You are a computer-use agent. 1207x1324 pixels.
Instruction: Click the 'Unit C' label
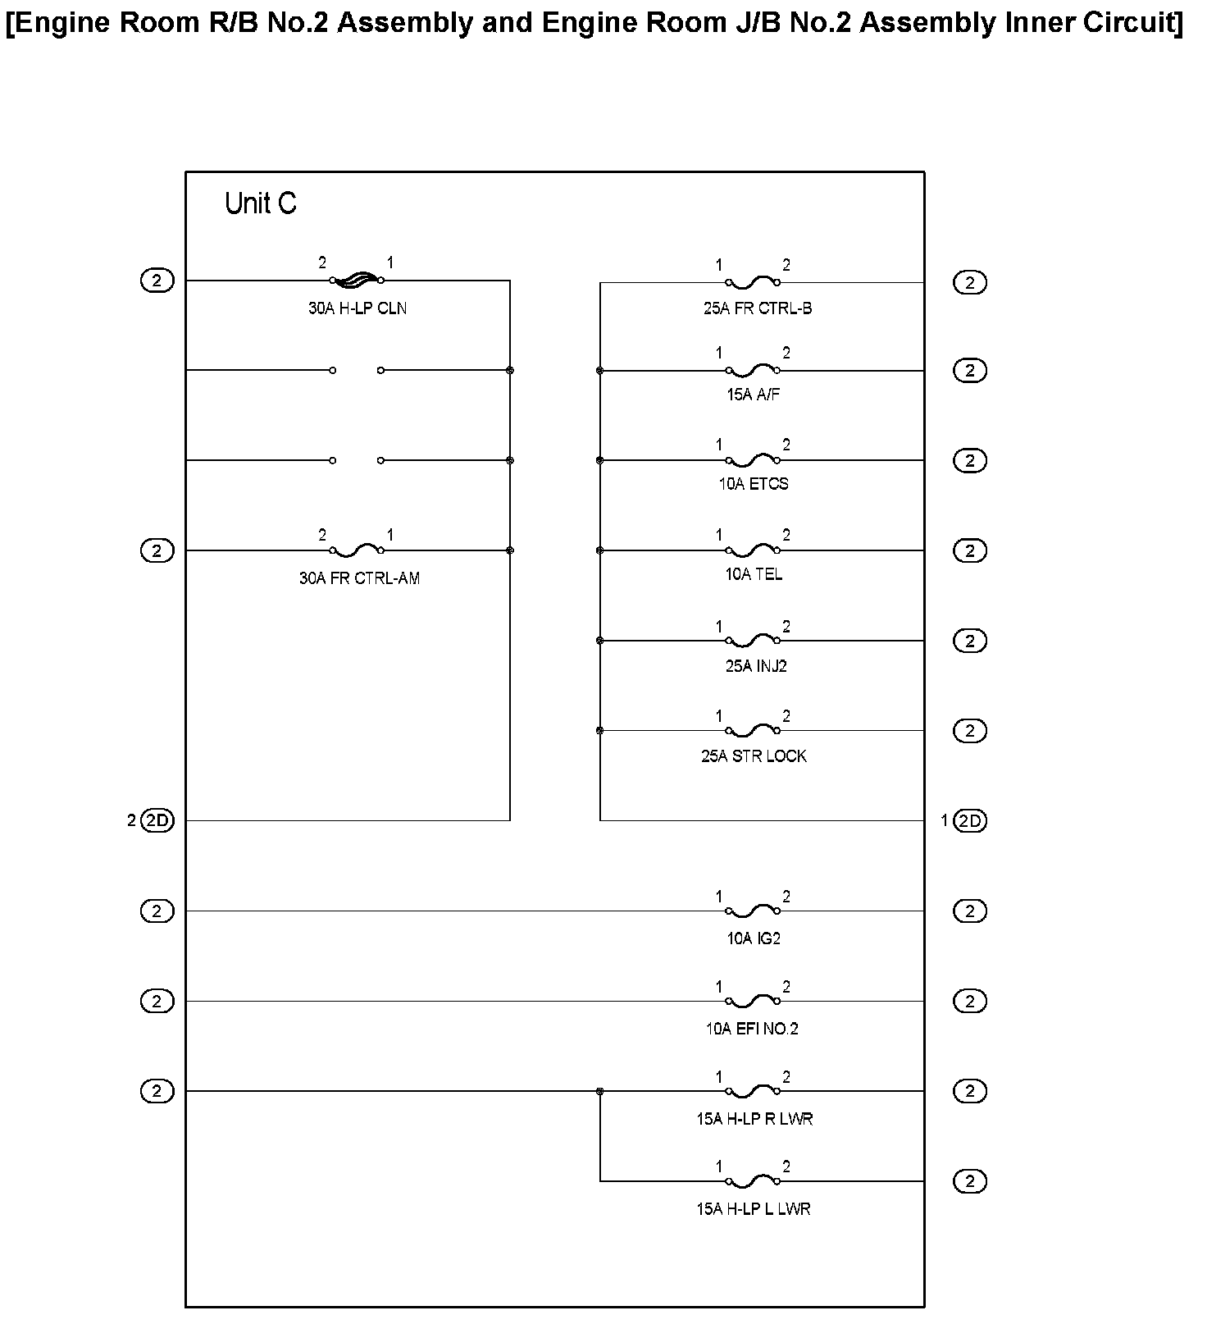[x=260, y=203]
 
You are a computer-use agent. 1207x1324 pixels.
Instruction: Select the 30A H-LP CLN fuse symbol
[x=357, y=281]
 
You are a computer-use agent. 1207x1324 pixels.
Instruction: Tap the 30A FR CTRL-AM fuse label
[x=359, y=578]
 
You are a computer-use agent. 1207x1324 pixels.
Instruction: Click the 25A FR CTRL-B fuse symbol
[x=753, y=283]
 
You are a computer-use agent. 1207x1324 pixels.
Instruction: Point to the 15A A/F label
[x=753, y=395]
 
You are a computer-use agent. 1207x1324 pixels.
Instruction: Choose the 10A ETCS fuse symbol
[x=753, y=460]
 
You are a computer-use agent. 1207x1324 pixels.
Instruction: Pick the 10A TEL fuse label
[x=753, y=574]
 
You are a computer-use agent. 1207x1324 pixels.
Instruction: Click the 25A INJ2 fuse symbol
[x=753, y=641]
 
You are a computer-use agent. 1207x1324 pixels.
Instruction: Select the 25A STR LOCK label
[x=754, y=756]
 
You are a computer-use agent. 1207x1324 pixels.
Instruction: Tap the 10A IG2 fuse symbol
[x=753, y=911]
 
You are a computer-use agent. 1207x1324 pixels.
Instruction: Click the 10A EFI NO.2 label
[x=752, y=1029]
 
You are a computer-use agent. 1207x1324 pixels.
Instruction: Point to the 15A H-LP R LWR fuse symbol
[x=753, y=1091]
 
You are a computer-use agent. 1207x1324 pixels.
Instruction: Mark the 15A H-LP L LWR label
[x=754, y=1209]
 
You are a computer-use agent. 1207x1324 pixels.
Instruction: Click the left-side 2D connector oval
[x=157, y=820]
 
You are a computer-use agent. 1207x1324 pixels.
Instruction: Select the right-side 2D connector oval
[x=970, y=820]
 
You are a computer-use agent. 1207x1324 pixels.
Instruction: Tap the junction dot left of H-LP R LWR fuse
[x=600, y=1091]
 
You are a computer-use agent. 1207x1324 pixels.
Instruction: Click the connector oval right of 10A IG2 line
[x=970, y=911]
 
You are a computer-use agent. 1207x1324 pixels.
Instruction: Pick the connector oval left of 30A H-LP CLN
[x=157, y=281]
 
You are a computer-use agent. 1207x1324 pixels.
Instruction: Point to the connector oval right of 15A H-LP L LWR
[x=970, y=1181]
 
